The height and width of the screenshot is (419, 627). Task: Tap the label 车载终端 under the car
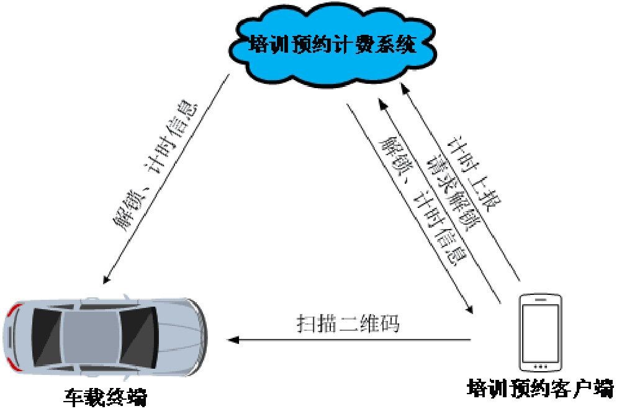click(106, 397)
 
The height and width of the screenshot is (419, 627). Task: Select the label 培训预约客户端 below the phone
click(540, 389)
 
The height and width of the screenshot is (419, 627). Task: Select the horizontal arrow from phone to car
click(348, 340)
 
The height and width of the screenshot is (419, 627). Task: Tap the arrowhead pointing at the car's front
click(232, 340)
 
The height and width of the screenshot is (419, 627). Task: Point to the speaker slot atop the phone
click(540, 298)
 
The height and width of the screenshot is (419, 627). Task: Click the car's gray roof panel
click(90, 339)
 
